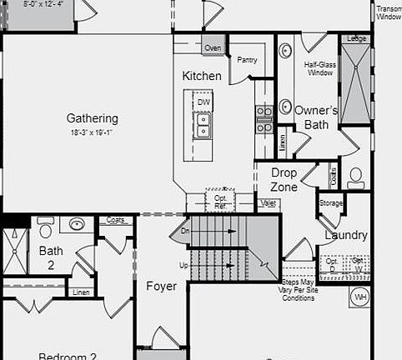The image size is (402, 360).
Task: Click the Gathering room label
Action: coord(93,118)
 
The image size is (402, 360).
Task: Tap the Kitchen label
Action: coord(202,76)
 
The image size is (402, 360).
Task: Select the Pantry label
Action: coord(247,60)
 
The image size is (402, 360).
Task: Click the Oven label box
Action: coord(213,48)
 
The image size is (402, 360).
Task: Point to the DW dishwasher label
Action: coord(204,102)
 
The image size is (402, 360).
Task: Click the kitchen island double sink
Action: coord(203,125)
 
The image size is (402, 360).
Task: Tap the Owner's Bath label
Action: coord(316,117)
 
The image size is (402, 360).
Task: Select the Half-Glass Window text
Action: coord(319,68)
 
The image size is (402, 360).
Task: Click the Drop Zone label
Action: coord(284,180)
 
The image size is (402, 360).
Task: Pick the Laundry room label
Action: coord(345,235)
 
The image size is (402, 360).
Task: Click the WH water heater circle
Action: coord(360,296)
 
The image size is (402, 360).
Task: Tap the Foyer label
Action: coord(161,287)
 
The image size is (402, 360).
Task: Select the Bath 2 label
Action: coord(51,257)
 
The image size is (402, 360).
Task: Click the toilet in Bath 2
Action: coord(46,227)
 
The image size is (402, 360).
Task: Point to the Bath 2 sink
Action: coord(78,224)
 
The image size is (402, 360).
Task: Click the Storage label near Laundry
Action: coord(330,202)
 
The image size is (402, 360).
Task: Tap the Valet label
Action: coord(269,203)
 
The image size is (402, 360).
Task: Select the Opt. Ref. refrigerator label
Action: coord(220,202)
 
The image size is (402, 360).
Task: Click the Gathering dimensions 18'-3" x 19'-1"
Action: coord(93,132)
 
